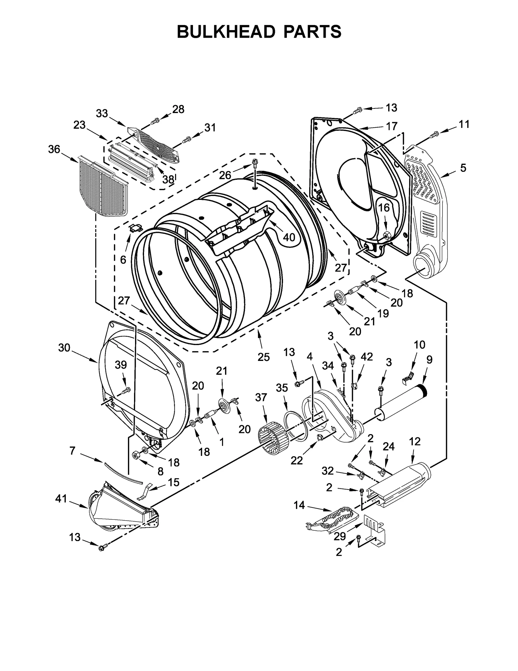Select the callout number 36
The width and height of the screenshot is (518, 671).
coord(54,149)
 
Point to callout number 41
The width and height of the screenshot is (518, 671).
coord(61,499)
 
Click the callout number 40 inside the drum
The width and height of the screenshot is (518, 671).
coord(289,237)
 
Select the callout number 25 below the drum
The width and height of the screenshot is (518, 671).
coord(264,357)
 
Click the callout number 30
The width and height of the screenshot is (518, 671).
coord(64,348)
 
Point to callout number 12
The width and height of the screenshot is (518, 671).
coord(414,441)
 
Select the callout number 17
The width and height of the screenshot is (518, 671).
coord(391,126)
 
